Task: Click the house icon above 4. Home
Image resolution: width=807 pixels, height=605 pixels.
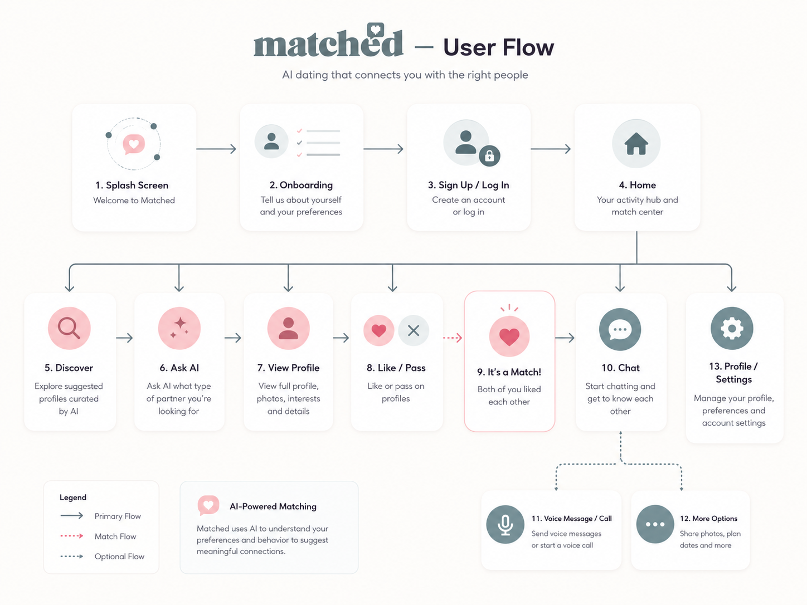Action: click(636, 143)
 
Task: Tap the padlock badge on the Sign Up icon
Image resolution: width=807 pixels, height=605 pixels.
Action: click(489, 156)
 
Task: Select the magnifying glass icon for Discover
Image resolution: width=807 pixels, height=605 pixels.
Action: click(69, 328)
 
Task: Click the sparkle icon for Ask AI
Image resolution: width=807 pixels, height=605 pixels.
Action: click(179, 328)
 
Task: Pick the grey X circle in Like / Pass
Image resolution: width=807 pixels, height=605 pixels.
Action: click(414, 330)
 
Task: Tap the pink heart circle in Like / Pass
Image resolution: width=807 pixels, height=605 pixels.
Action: click(378, 330)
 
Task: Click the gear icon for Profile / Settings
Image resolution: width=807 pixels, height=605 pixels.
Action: click(732, 328)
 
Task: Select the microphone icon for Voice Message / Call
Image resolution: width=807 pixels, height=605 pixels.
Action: click(505, 525)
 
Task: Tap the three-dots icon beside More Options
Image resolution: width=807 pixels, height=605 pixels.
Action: click(655, 524)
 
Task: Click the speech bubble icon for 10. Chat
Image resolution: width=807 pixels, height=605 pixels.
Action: click(620, 329)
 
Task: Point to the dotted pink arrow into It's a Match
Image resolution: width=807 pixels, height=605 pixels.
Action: click(453, 338)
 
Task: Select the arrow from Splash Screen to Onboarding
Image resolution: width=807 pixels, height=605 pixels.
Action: click(216, 149)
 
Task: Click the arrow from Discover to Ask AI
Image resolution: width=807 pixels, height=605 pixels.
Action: click(124, 338)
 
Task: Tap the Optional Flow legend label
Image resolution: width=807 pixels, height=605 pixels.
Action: click(119, 557)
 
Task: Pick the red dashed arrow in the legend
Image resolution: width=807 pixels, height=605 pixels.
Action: click(72, 536)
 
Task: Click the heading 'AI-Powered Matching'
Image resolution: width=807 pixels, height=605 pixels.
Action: click(273, 506)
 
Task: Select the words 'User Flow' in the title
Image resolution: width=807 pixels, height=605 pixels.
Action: click(498, 47)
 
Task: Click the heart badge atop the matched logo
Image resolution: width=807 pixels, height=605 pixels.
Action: click(376, 30)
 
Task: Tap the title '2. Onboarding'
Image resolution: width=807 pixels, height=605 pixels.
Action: click(301, 185)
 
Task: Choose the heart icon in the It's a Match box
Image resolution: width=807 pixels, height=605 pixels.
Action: click(509, 336)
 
